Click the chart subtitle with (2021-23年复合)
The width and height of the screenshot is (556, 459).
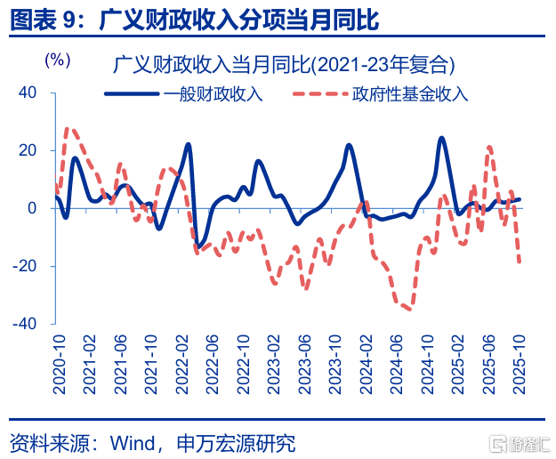tap(284, 65)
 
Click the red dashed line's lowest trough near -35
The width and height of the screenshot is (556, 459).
tap(408, 309)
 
